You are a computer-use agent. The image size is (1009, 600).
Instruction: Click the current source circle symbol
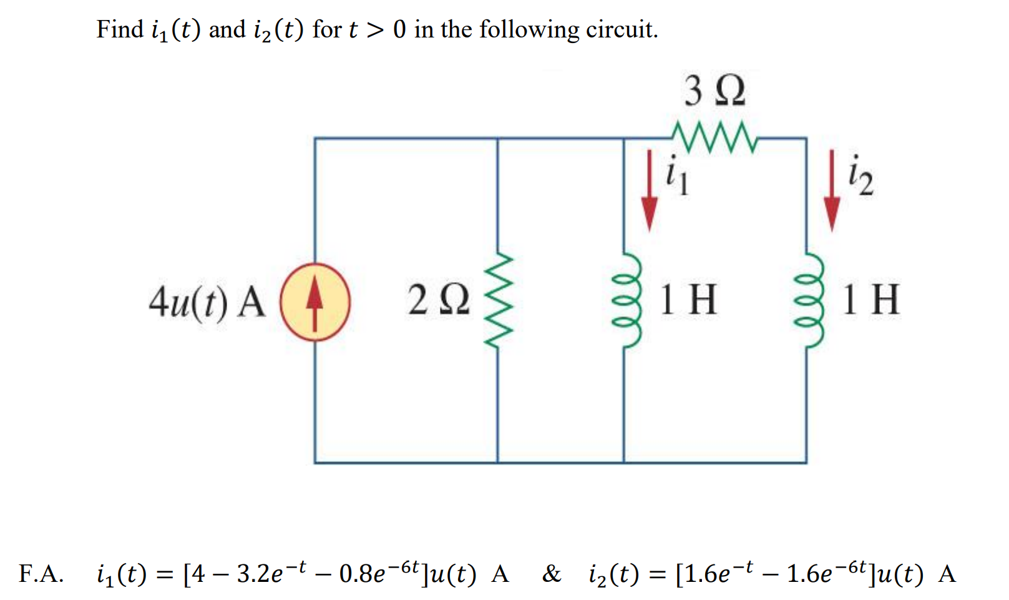pos(315,302)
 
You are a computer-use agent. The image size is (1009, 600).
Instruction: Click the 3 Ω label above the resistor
pos(714,91)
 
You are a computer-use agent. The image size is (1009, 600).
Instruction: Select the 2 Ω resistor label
pos(438,300)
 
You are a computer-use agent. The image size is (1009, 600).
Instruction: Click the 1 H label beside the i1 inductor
pos(688,300)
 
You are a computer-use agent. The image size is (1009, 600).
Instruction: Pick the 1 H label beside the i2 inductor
pos(871,300)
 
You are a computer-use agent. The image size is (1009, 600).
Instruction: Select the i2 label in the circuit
pos(860,177)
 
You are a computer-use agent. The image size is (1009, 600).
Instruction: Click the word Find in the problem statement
pos(119,29)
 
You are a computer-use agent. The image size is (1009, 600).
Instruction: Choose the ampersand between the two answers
pos(552,573)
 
